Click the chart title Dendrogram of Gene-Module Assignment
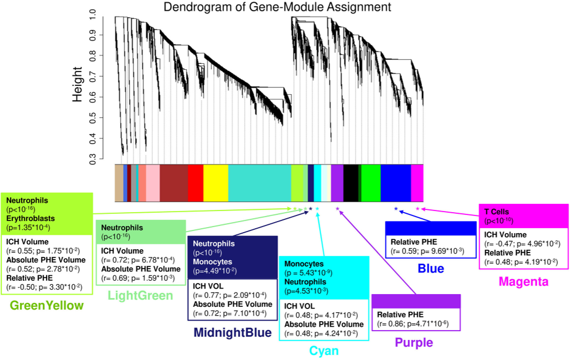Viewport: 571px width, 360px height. tap(277, 7)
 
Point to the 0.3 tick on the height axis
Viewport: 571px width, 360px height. tap(92, 160)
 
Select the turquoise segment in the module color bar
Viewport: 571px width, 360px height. tap(259, 183)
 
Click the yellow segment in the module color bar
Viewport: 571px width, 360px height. tap(215, 183)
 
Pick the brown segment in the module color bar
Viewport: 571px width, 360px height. tap(173, 183)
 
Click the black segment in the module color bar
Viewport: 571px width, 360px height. tap(350, 183)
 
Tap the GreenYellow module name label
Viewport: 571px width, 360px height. tap(47, 306)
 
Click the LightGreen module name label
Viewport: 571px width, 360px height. tap(140, 296)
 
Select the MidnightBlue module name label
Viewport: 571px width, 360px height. tap(233, 333)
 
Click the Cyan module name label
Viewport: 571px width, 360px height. tap(323, 351)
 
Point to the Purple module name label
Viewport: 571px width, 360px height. tap(414, 343)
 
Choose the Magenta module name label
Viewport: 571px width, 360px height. tap(523, 281)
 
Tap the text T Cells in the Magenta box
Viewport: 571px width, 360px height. tap(497, 212)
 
